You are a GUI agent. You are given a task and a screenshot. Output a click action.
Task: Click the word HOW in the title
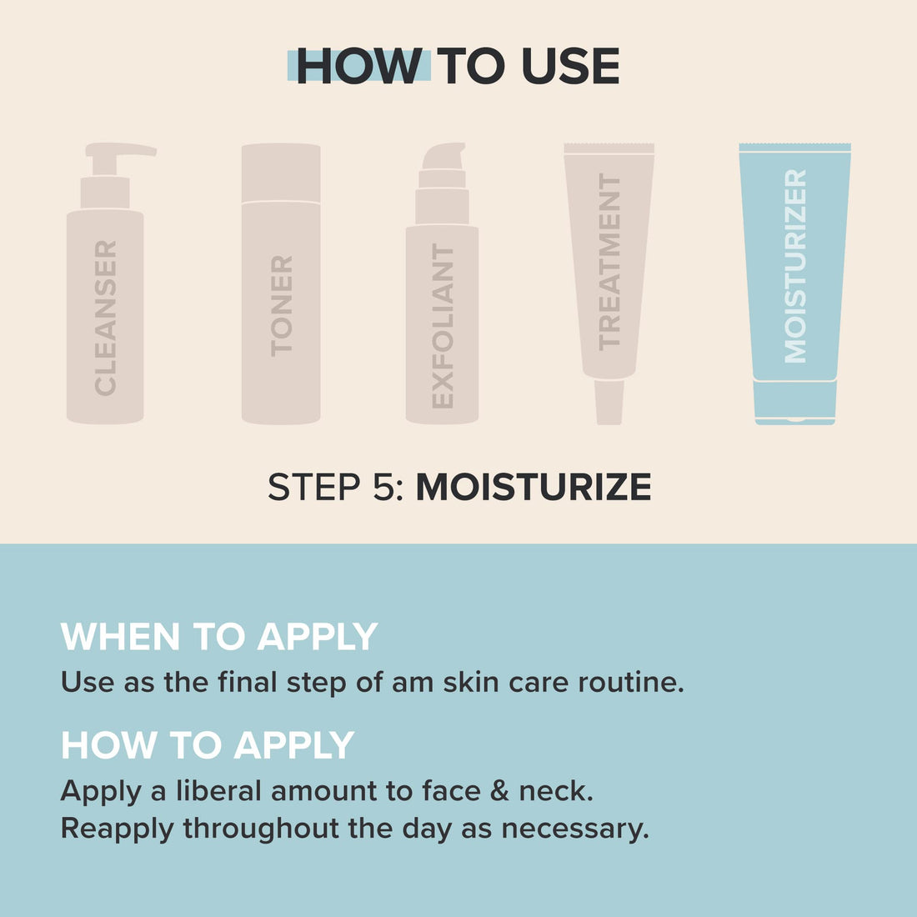click(x=358, y=67)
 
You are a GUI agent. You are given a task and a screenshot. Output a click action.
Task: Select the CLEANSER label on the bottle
click(x=106, y=318)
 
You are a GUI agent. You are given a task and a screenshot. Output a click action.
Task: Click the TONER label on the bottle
click(x=282, y=306)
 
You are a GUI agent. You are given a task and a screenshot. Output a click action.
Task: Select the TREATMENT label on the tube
click(x=609, y=262)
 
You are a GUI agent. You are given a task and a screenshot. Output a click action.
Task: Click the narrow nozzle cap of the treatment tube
click(x=609, y=402)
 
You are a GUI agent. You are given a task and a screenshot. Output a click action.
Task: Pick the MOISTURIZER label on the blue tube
click(x=795, y=266)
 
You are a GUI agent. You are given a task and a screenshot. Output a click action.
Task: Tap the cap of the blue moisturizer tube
click(x=795, y=403)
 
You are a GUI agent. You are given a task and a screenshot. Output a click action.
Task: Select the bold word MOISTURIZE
click(x=534, y=488)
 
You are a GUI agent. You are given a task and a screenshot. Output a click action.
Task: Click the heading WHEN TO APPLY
click(x=219, y=637)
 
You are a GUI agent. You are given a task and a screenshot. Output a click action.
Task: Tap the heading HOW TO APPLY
click(x=208, y=745)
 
